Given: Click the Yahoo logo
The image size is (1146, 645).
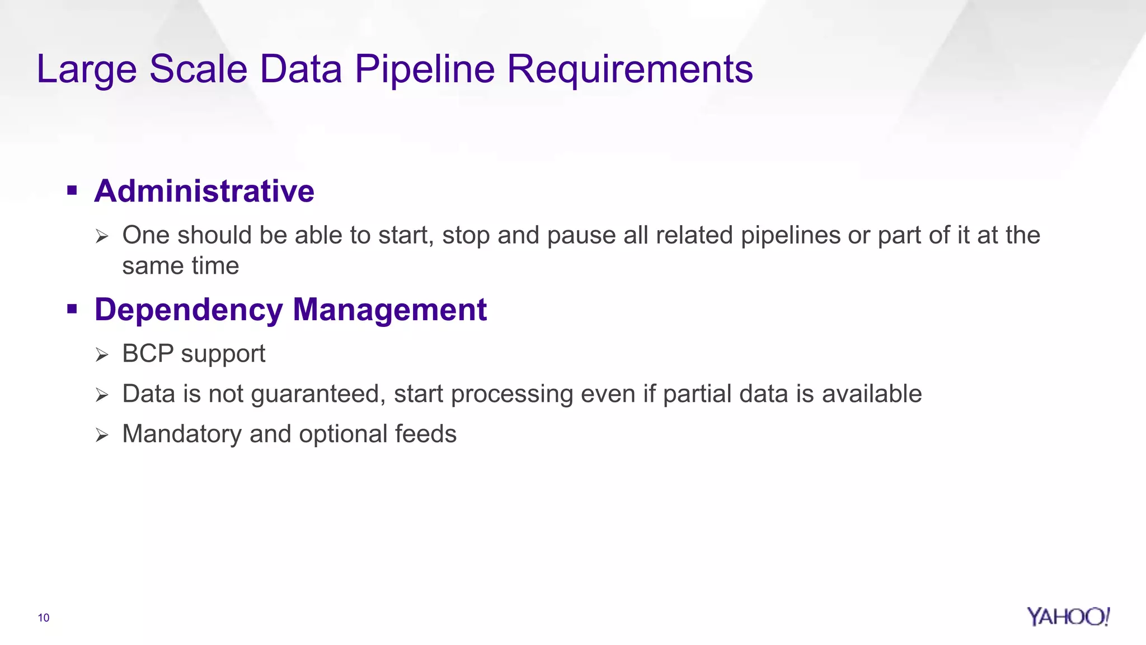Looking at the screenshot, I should (1068, 616).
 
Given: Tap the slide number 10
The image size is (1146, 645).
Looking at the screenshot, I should (44, 618).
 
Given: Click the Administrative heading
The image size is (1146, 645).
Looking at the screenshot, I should (204, 191).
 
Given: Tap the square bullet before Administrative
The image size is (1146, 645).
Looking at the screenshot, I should (72, 191).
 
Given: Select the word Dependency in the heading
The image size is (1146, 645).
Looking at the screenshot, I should (189, 310).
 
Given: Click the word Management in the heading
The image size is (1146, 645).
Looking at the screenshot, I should (389, 310).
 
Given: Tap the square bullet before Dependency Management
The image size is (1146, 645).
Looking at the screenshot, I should (72, 309).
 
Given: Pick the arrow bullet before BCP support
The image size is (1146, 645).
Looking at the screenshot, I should (101, 355).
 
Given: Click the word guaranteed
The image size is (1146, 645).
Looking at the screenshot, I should (318, 394).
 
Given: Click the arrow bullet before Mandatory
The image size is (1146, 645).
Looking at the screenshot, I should (101, 435).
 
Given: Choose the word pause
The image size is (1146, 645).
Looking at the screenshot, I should (581, 236).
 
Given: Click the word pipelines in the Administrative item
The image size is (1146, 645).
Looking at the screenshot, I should (790, 236).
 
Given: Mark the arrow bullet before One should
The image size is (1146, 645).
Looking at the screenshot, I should (101, 236).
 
